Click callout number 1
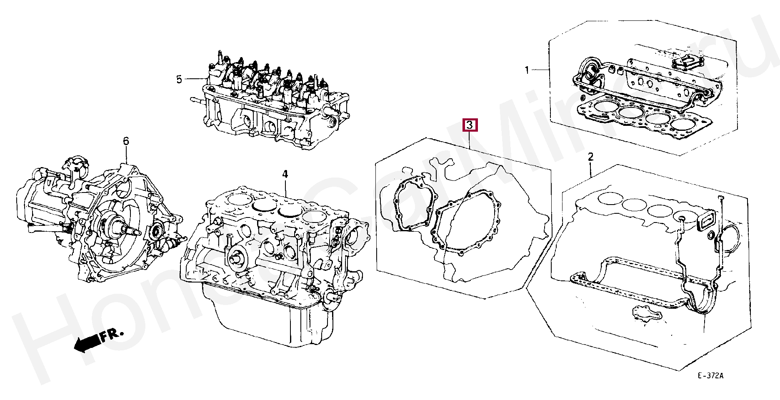pos(526,70)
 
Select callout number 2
pos(590,157)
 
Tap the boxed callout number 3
pos(470,125)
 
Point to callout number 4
pos(285,174)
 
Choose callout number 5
pos(179,79)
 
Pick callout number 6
pos(126,141)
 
